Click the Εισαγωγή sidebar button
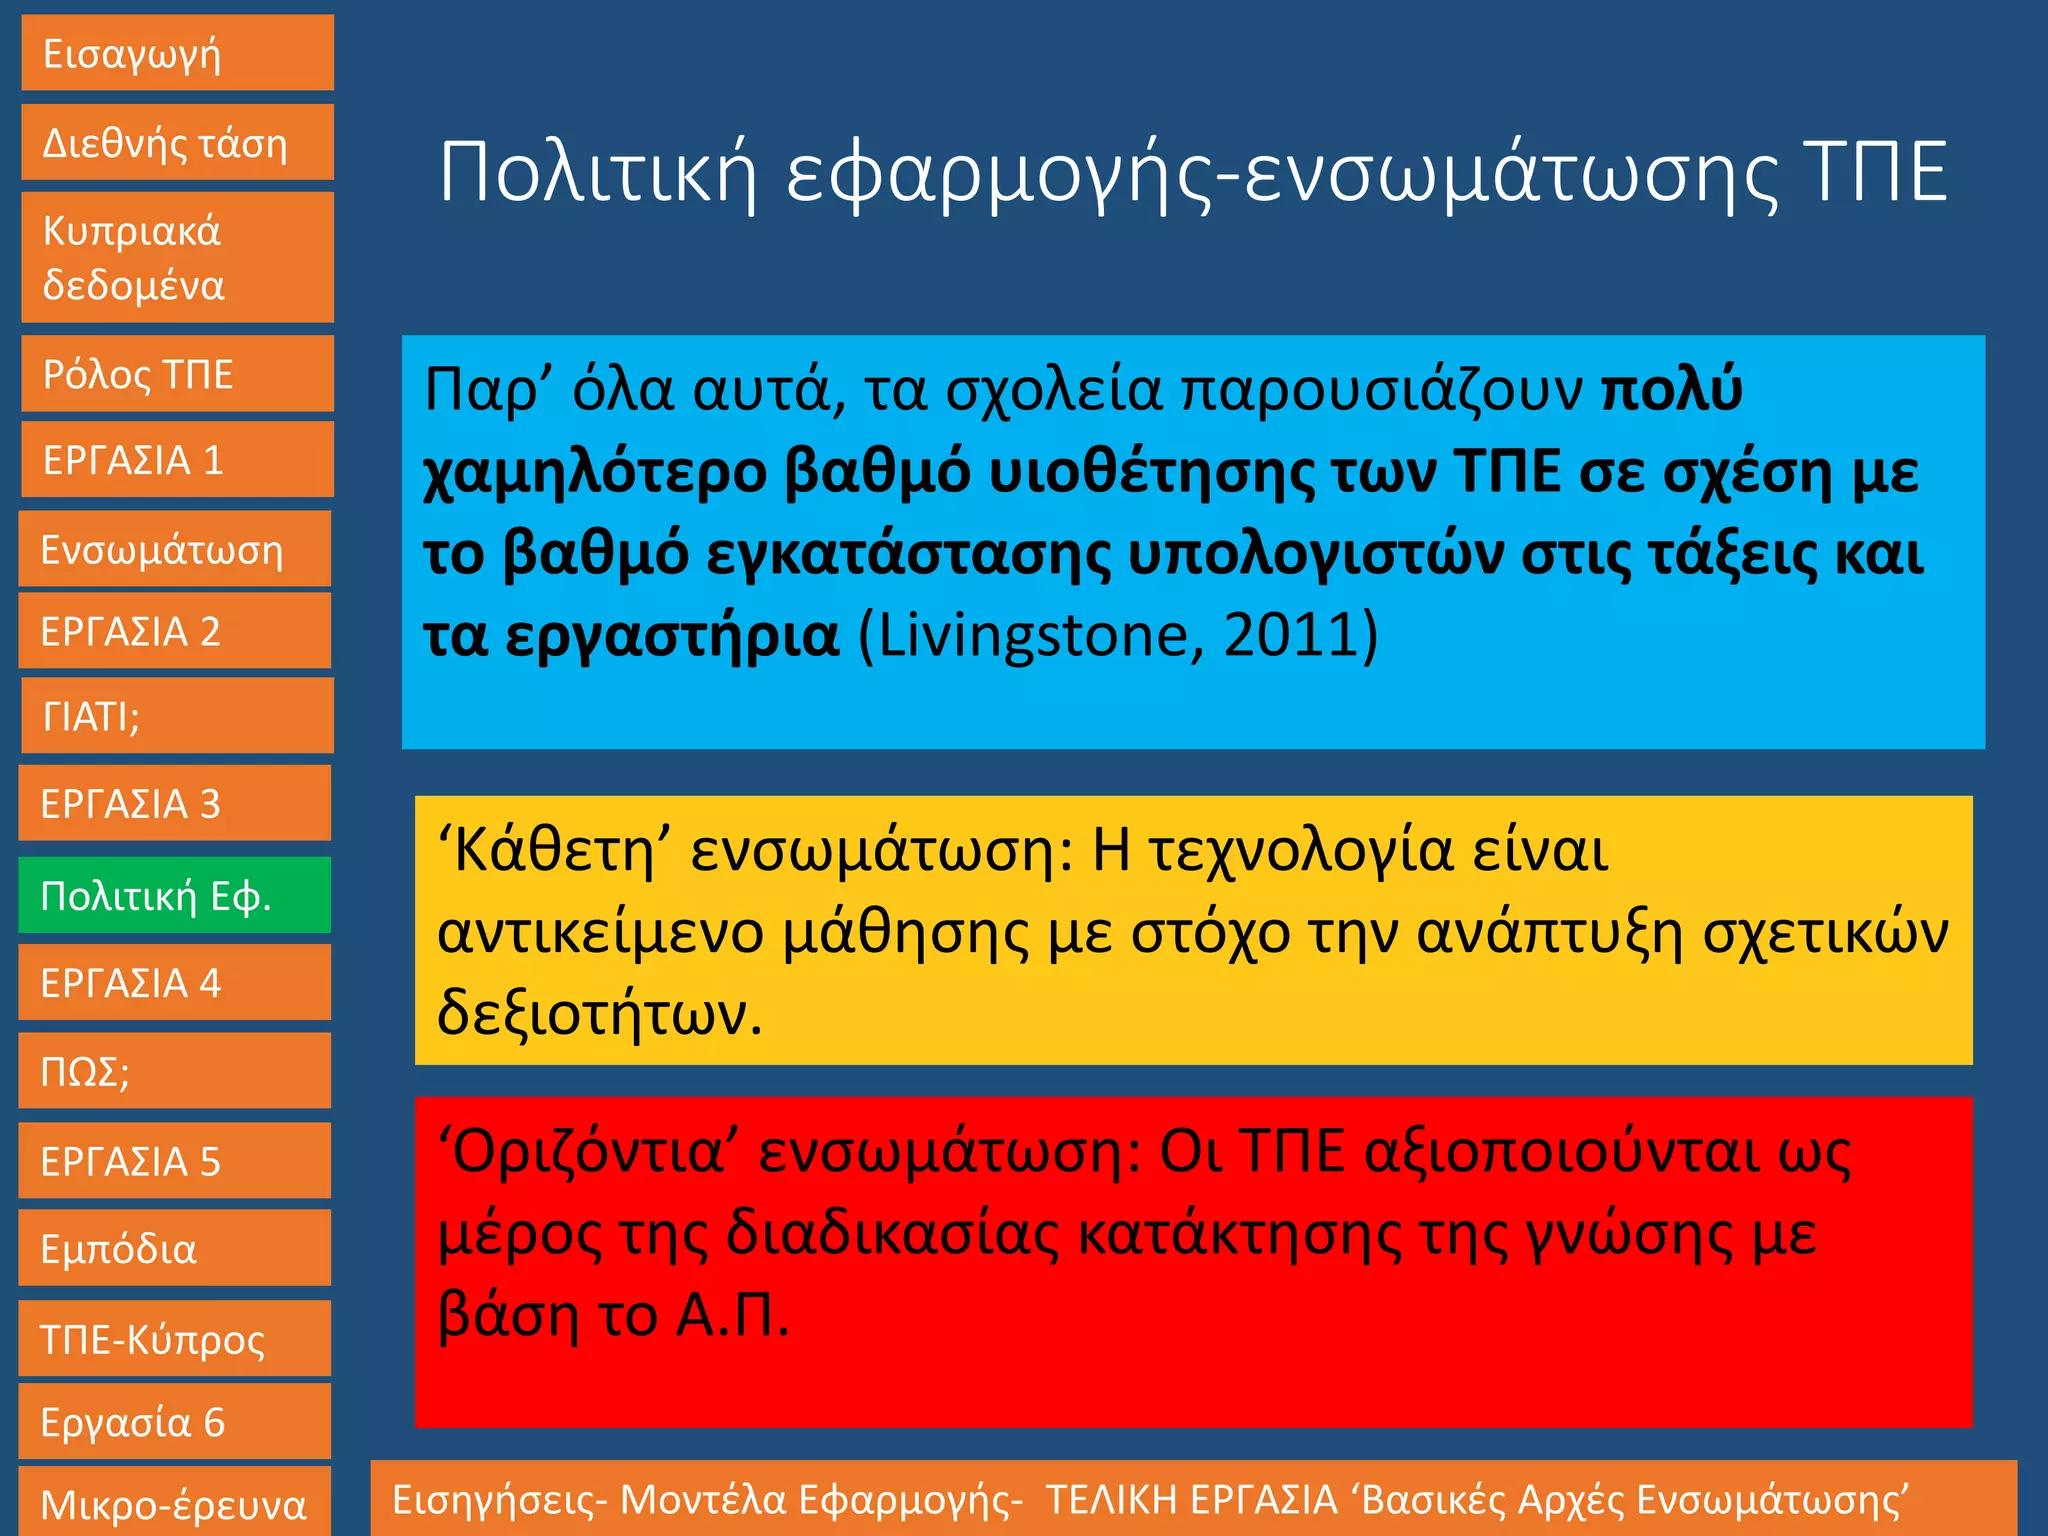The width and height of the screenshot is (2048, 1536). point(177,53)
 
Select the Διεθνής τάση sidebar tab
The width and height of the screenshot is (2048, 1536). point(177,143)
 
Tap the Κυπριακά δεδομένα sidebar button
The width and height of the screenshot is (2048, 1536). point(177,257)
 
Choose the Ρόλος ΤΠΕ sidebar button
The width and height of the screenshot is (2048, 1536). point(177,374)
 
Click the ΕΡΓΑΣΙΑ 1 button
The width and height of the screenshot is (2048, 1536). point(177,460)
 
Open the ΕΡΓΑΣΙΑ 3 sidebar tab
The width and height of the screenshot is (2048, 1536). point(175,803)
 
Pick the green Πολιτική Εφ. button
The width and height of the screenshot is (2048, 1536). point(175,895)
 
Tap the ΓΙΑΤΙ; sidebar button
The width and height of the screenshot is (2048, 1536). point(177,716)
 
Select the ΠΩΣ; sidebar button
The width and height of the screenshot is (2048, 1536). point(175,1071)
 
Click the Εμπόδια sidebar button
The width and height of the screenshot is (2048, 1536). point(175,1248)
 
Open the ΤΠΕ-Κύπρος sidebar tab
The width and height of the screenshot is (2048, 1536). point(175,1339)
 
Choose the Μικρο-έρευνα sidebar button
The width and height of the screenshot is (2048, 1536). point(175,1503)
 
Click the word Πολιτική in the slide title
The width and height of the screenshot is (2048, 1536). point(598,173)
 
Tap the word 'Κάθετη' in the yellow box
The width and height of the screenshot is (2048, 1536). point(554,851)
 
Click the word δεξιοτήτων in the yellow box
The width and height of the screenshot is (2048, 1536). point(599,1014)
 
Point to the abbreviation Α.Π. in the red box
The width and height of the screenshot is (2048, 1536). point(732,1315)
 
